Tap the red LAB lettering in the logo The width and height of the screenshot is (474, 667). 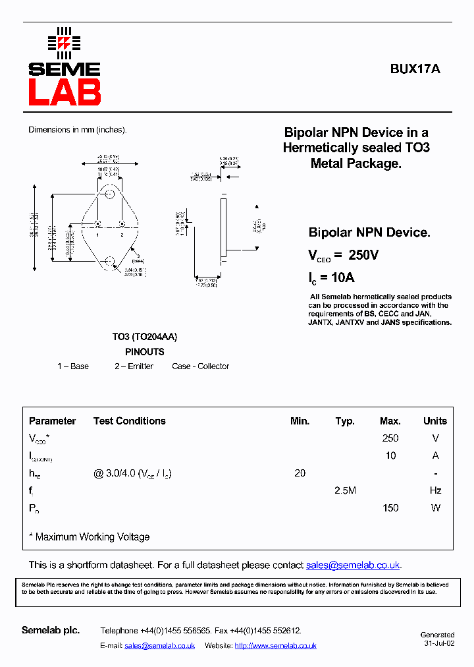click(65, 92)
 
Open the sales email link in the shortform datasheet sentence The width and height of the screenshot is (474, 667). click(353, 565)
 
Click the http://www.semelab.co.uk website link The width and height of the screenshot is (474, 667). click(275, 646)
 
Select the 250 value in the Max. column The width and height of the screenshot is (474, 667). click(390, 438)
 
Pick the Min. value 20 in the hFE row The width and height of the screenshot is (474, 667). click(300, 473)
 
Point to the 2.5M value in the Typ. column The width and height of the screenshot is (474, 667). click(345, 490)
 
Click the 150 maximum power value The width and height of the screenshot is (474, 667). click(390, 508)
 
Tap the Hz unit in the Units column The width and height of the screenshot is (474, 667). click(435, 490)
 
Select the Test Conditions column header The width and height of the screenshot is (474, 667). click(130, 421)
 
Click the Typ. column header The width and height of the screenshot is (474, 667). click(345, 421)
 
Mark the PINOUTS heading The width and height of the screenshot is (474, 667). click(145, 352)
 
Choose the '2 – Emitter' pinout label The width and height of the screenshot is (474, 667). click(134, 366)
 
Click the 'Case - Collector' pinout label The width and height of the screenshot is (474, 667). click(201, 366)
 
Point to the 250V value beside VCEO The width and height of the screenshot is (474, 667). click(363, 255)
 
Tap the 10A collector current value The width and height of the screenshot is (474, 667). click(342, 277)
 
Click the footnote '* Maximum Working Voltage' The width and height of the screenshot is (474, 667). click(90, 537)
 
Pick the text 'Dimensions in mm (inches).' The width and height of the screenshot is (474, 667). click(78, 130)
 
